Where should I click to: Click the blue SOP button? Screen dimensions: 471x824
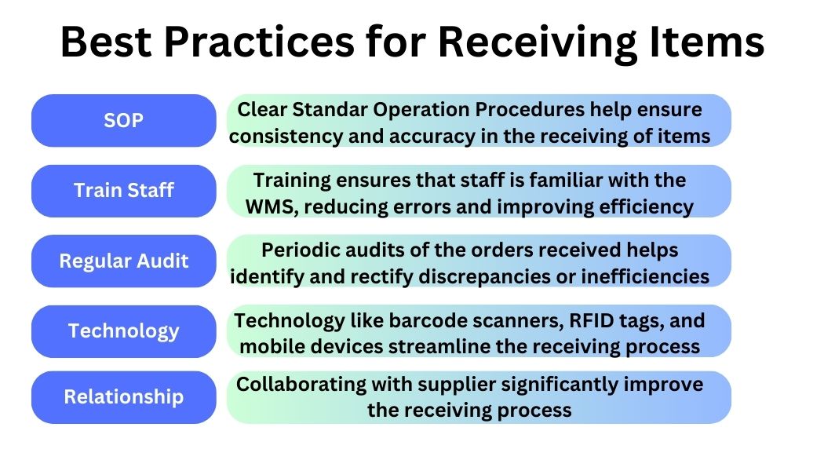tap(124, 120)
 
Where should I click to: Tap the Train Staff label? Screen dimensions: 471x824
tap(124, 190)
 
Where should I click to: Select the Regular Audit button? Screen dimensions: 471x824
tap(124, 261)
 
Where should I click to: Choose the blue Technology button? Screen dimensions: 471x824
tap(124, 330)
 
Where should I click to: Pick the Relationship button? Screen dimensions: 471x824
tap(124, 396)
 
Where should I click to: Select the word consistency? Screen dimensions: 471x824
tap(278, 136)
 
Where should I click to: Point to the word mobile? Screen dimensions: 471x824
tap(271, 346)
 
